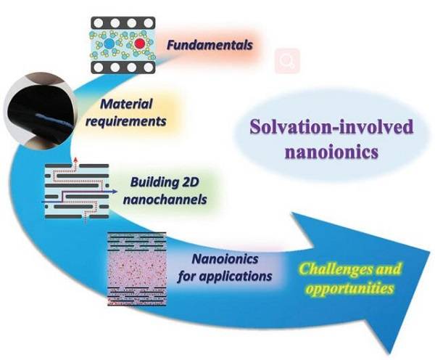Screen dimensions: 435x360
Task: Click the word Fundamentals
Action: click(x=210, y=45)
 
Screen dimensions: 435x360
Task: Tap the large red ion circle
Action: click(x=139, y=44)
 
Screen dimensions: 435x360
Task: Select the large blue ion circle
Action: click(x=109, y=44)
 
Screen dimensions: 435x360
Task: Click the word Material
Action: click(x=126, y=104)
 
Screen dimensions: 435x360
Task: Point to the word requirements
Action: click(x=126, y=121)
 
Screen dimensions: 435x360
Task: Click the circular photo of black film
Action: click(x=39, y=110)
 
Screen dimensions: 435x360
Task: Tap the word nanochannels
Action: click(x=165, y=200)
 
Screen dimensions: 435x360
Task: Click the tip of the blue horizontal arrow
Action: click(x=117, y=192)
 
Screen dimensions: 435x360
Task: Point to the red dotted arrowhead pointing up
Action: click(x=75, y=159)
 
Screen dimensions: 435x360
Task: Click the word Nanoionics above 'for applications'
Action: click(x=225, y=259)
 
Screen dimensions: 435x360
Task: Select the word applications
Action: click(x=236, y=277)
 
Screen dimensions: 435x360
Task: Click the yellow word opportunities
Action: click(x=349, y=288)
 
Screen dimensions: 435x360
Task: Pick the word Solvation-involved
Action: click(x=331, y=127)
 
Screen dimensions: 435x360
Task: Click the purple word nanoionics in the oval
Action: click(x=331, y=152)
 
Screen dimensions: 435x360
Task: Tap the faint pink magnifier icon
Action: click(x=287, y=61)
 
